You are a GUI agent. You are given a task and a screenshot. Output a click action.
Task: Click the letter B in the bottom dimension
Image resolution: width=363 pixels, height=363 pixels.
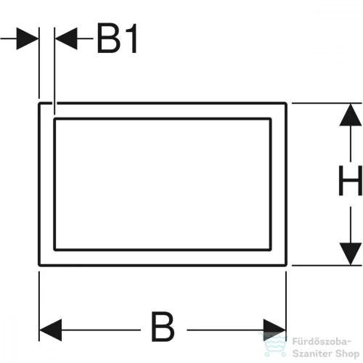pyautogui.click(x=163, y=327)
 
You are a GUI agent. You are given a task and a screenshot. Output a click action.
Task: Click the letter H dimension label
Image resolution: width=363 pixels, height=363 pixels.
pyautogui.click(x=351, y=181)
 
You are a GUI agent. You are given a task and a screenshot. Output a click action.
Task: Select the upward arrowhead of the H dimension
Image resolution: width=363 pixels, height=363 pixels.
pyautogui.click(x=351, y=115)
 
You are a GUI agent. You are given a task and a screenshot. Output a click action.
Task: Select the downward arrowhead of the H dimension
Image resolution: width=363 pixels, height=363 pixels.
pyautogui.click(x=351, y=254)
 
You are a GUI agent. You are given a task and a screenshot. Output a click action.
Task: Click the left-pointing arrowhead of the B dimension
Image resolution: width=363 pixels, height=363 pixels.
pyautogui.click(x=51, y=330)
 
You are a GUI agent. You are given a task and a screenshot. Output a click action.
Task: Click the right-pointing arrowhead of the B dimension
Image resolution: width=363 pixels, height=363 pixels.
pyautogui.click(x=274, y=330)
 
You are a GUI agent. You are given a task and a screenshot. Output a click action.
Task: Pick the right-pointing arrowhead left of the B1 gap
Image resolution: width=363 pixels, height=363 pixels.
pyautogui.click(x=28, y=38)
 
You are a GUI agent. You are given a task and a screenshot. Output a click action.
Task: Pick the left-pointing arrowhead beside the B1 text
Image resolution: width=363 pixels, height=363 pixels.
pyautogui.click(x=66, y=38)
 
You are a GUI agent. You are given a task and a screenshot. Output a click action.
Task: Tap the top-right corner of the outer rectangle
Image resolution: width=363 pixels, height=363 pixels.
pyautogui.click(x=286, y=103)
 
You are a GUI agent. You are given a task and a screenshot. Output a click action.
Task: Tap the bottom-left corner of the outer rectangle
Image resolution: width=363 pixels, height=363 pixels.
pyautogui.click(x=39, y=265)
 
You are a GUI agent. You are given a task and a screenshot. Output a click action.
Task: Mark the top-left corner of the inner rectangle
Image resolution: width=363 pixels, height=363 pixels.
pyautogui.click(x=54, y=119)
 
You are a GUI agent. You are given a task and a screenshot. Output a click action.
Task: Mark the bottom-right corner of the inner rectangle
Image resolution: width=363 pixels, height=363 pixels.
pyautogui.click(x=270, y=250)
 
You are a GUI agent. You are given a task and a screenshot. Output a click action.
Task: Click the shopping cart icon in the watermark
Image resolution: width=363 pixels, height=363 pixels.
pyautogui.click(x=273, y=345)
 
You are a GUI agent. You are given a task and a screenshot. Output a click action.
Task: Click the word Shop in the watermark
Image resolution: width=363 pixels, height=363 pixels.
pyautogui.click(x=346, y=354)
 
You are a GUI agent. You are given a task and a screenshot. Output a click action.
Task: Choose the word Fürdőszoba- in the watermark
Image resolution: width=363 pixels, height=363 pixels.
pyautogui.click(x=321, y=342)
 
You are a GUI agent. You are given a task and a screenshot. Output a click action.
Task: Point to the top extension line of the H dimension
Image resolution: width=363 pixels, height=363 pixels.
pyautogui.click(x=327, y=103)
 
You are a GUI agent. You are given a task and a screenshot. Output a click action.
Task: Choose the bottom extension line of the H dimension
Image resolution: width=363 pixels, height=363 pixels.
pyautogui.click(x=327, y=266)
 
